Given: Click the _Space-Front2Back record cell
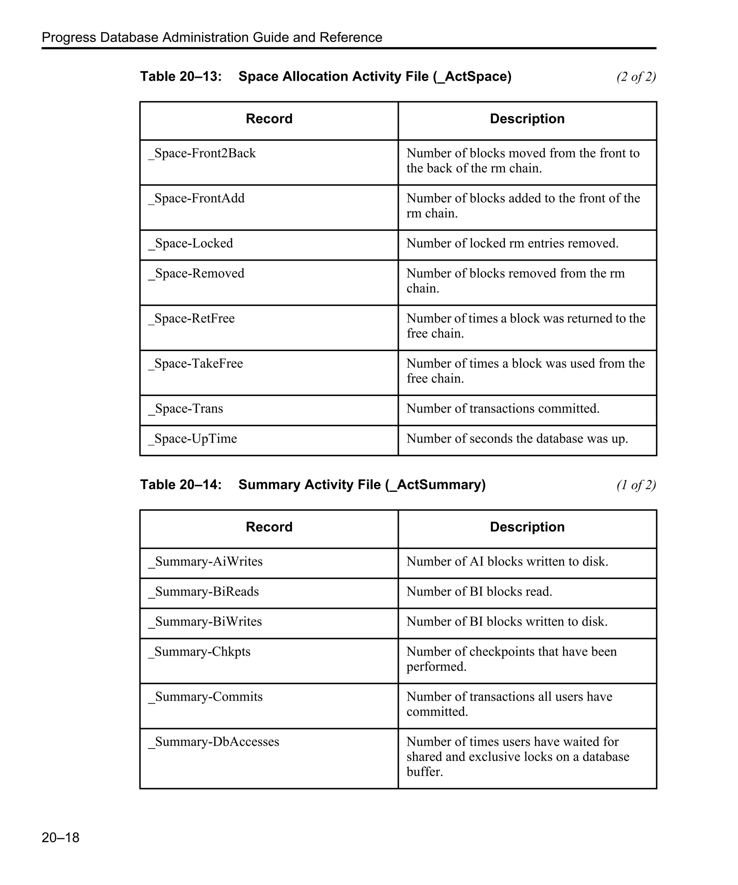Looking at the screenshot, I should pos(202,153).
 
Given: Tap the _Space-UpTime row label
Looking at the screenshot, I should pos(192,439).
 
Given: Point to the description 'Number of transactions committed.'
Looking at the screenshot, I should pos(503,408).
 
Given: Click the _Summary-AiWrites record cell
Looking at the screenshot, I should pos(205,561).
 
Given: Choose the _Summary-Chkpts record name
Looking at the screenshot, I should pos(199,652).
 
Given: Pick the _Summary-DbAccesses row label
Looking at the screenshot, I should pos(213,742).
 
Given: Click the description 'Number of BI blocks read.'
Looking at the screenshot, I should pos(479,591).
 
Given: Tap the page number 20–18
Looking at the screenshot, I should pos(60,837).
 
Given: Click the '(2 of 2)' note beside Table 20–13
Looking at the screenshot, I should pos(636,77).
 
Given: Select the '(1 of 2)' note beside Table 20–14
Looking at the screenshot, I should pos(636,485).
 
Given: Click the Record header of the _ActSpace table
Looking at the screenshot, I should pos(269,119).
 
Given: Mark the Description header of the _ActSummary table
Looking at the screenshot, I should pos(527,527).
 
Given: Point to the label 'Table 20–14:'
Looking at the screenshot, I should pos(181,485).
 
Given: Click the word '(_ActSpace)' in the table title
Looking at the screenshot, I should pos(472,77).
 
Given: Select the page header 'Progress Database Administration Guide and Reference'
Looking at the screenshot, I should pos(212,37).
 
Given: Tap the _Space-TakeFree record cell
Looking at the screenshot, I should pos(196,363).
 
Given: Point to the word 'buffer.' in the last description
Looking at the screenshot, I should pos(424,772).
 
